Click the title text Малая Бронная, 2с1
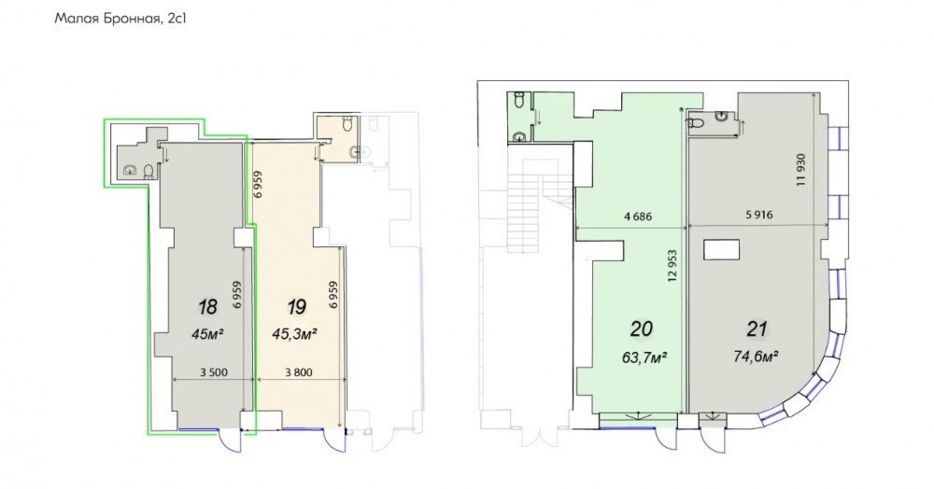tap(121, 19)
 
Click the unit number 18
tap(208, 307)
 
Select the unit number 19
tap(297, 307)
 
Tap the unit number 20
tap(641, 328)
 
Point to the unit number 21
tap(757, 328)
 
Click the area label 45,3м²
tap(294, 334)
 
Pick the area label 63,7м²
tap(644, 357)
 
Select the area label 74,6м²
tap(757, 356)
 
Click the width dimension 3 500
tap(214, 373)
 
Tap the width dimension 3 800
tap(299, 373)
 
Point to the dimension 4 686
tap(638, 217)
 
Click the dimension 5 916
tap(758, 215)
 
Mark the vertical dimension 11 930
tap(800, 170)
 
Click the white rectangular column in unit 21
tap(721, 249)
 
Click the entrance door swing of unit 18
tap(231, 440)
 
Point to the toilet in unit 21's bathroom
tap(698, 123)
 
